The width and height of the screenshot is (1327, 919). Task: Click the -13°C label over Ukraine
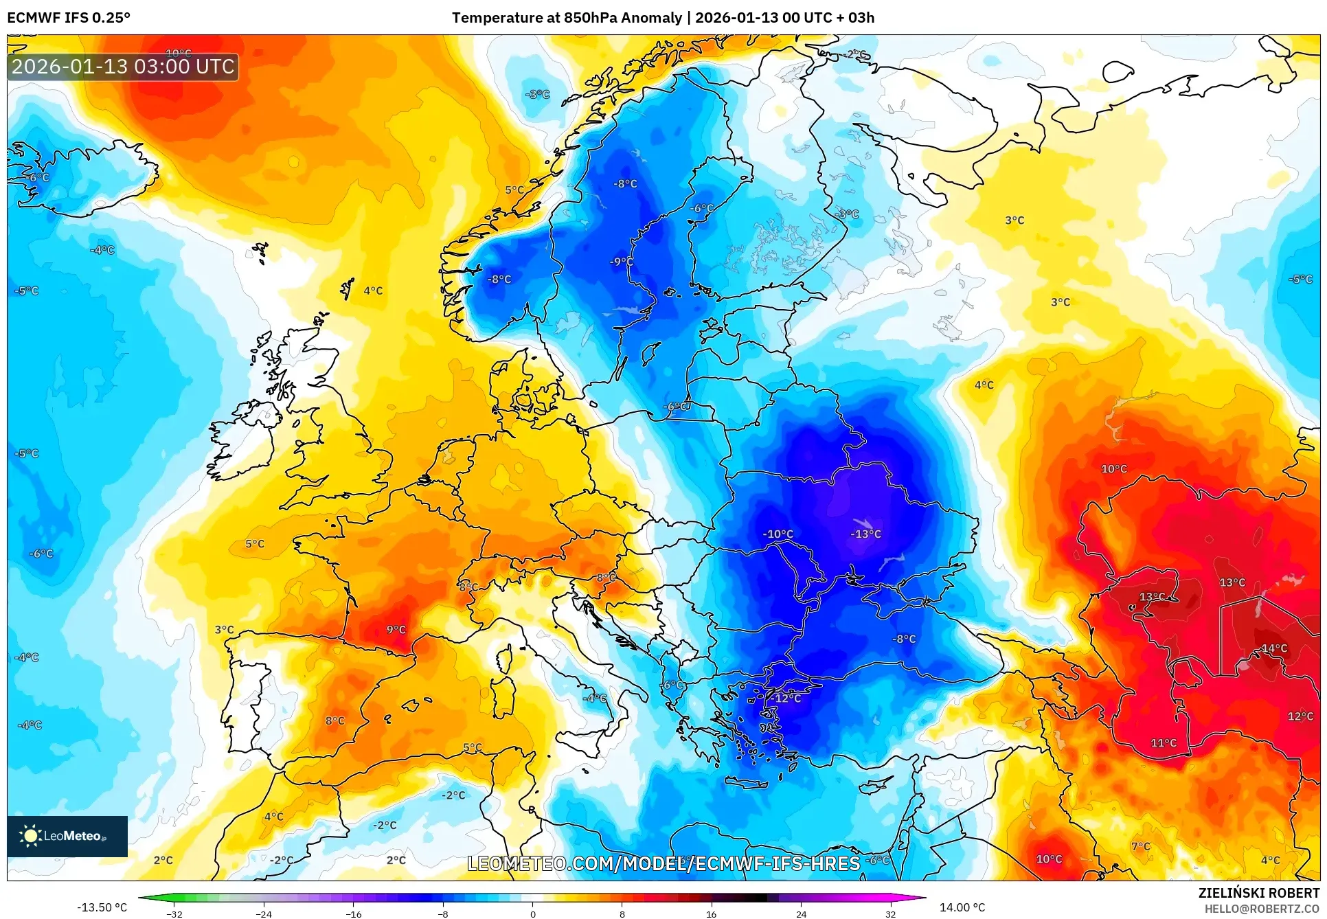[865, 534]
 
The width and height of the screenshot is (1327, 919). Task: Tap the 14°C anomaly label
[1274, 648]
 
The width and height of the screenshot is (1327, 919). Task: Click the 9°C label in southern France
[396, 629]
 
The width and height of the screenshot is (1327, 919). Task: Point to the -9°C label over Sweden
[622, 262]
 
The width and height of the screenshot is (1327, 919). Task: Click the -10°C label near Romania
[778, 534]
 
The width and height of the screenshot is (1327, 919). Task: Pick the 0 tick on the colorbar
[532, 914]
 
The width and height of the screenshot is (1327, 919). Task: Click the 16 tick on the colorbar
[711, 914]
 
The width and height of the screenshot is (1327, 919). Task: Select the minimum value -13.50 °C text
[102, 907]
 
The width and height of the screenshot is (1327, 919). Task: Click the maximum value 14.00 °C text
[962, 907]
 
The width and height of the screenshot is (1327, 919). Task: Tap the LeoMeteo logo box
[67, 836]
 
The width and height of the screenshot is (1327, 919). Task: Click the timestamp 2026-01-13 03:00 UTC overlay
[123, 67]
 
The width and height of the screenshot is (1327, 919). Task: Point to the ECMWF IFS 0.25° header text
[69, 18]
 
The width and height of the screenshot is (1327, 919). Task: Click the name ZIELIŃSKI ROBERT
[1258, 893]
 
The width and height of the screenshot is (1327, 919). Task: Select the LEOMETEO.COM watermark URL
[663, 863]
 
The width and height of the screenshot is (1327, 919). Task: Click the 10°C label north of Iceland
[179, 53]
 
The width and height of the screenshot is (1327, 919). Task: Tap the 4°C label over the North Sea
[373, 291]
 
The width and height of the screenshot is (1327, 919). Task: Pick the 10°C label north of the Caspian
[1113, 468]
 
